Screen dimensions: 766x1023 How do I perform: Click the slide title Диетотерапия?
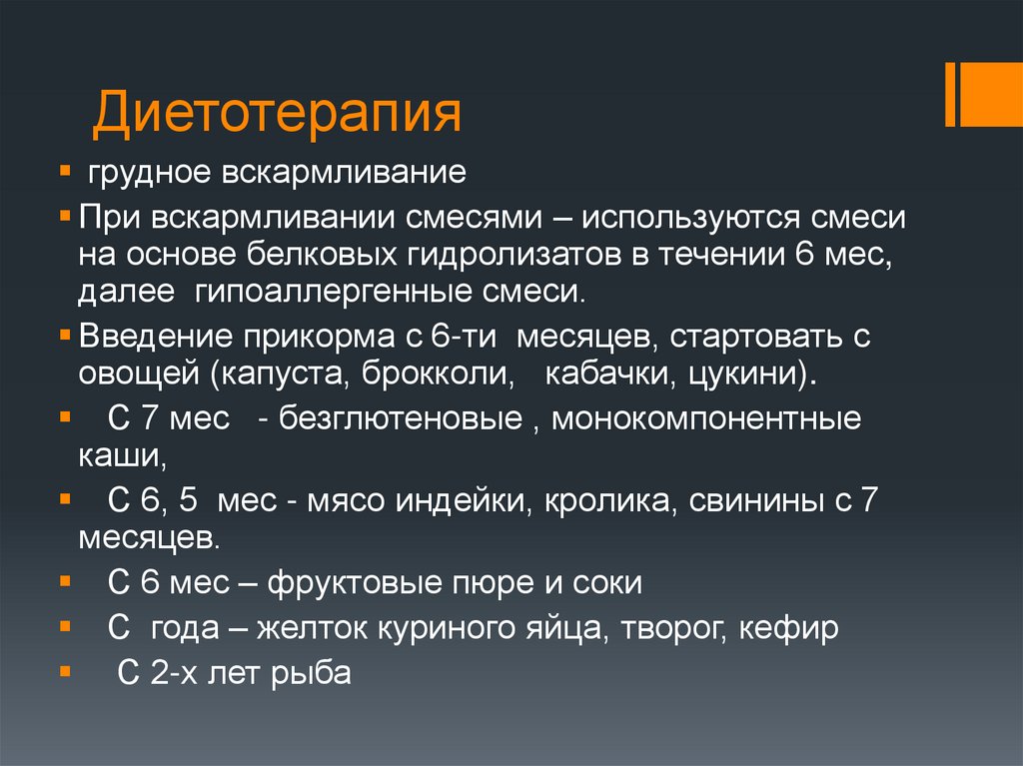pyautogui.click(x=277, y=112)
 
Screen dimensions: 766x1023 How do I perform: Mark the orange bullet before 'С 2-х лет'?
pyautogui.click(x=66, y=671)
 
